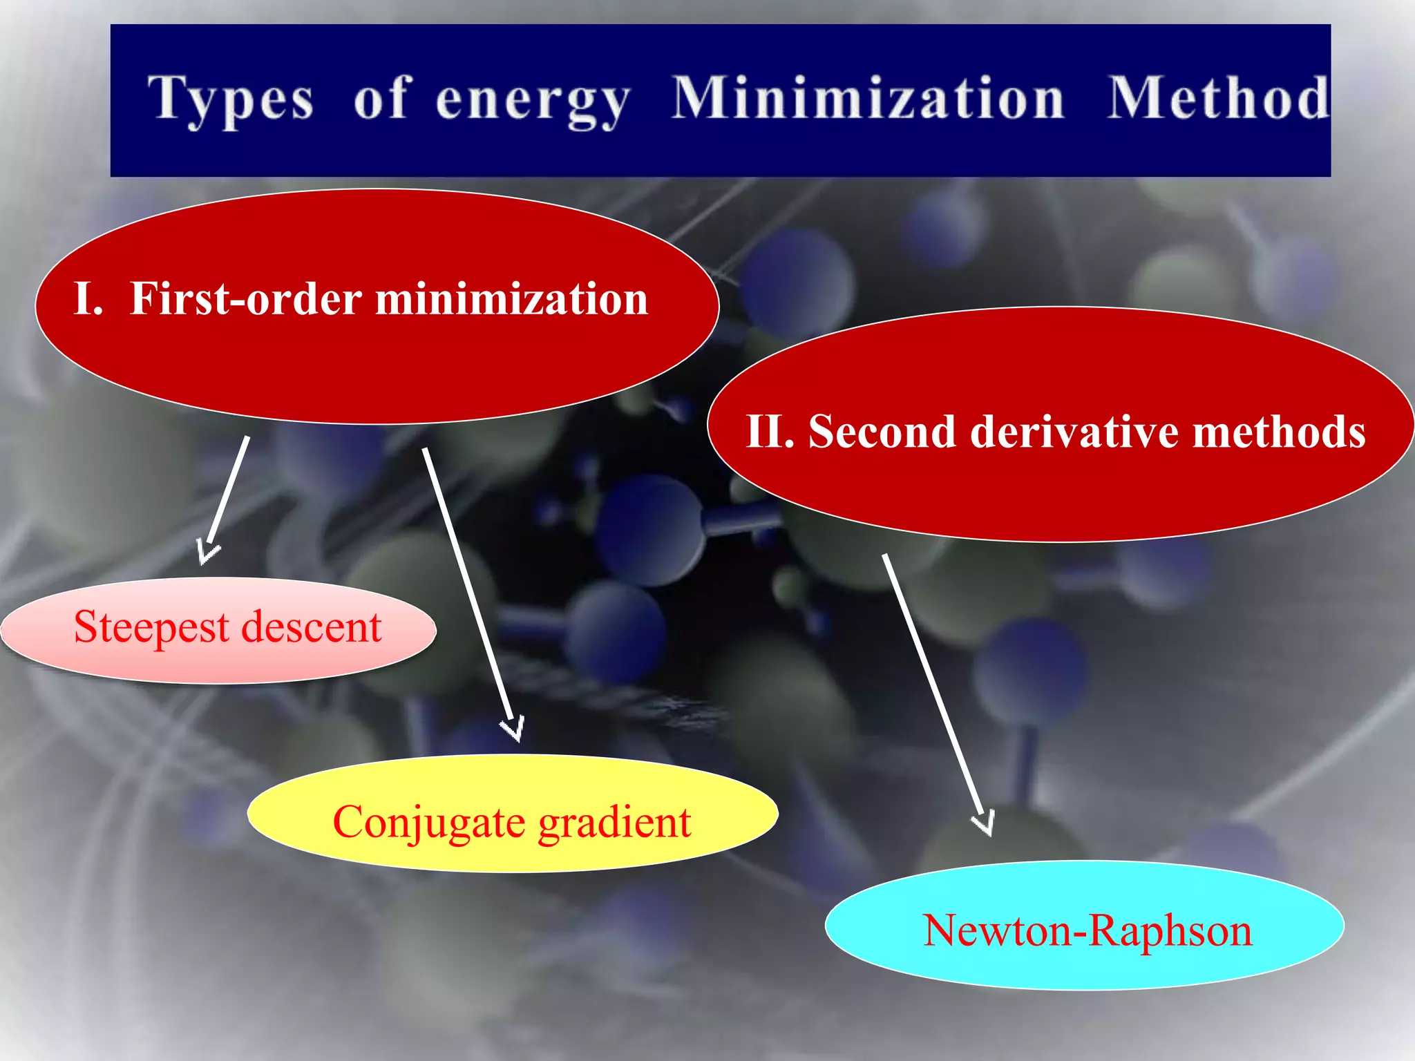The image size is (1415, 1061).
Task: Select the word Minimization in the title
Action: [868, 98]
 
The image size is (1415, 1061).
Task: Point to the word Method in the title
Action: [1218, 98]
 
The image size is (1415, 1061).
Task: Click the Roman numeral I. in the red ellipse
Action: [88, 299]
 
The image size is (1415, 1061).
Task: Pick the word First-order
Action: [246, 299]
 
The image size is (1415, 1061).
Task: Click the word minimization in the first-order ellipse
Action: [511, 299]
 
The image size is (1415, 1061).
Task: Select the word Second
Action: [882, 432]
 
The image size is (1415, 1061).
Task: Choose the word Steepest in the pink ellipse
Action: [151, 627]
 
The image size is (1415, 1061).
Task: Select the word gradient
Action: [615, 822]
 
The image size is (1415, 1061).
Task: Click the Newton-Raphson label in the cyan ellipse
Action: [1087, 930]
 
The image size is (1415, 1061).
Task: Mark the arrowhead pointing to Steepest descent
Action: [206, 553]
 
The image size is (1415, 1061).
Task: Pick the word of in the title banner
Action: [382, 98]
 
